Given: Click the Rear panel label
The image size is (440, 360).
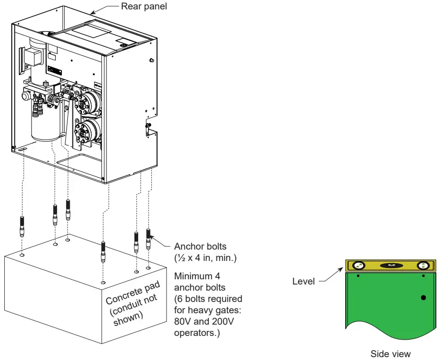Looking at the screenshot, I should (144, 6).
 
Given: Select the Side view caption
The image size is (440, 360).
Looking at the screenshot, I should (390, 353).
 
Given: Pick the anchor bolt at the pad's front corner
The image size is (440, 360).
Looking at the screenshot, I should (103, 251).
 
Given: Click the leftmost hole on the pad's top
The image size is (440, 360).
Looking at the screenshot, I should (23, 255).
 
